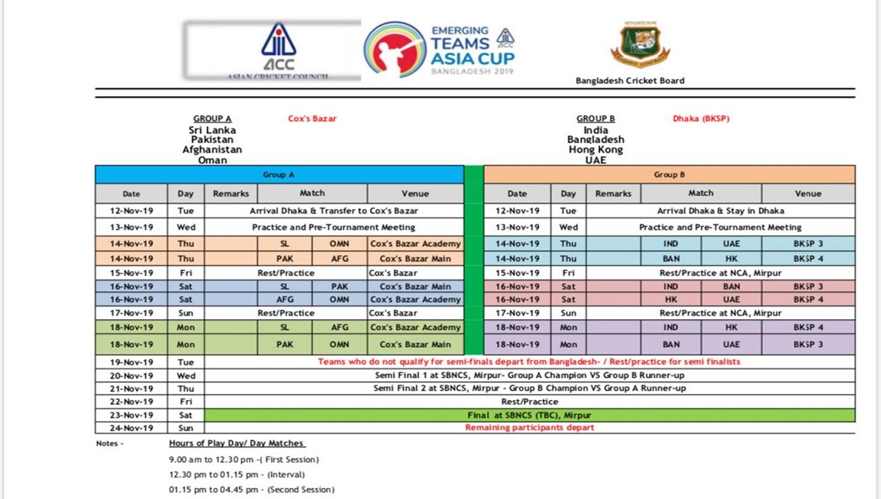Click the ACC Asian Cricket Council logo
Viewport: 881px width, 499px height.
[278, 50]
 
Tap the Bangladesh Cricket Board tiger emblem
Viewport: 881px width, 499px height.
[640, 45]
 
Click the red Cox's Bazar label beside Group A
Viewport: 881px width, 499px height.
[312, 118]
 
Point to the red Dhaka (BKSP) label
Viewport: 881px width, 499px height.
[700, 118]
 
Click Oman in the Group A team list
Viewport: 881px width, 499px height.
[212, 159]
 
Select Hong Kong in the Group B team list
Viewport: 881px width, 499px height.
[595, 150]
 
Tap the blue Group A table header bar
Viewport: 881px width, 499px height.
[279, 175]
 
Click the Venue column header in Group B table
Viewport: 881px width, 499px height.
[808, 194]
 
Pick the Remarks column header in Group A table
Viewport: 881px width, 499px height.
[231, 194]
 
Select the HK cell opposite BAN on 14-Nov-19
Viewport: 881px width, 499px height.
[731, 259]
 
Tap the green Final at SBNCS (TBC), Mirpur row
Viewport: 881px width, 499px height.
[529, 415]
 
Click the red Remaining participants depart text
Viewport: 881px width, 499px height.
[529, 428]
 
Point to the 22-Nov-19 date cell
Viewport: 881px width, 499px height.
[131, 401]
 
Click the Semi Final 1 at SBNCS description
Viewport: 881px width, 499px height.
[529, 375]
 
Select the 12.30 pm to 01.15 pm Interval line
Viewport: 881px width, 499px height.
[242, 474]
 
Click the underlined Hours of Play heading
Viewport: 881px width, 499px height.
[236, 444]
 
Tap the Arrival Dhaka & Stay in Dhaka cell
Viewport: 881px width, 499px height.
[720, 211]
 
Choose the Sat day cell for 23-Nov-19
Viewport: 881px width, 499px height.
[186, 415]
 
